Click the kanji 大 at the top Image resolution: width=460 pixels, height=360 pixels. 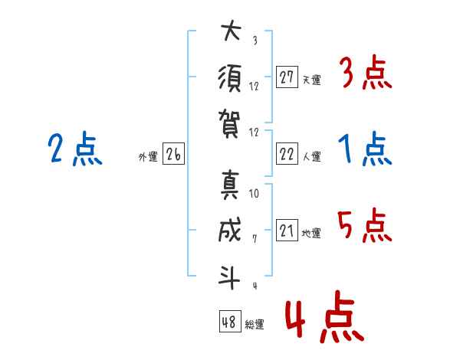[232, 31]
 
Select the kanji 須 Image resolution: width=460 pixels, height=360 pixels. [229, 79]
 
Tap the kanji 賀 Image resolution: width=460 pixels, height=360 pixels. [229, 124]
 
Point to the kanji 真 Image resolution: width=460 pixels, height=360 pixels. [230, 185]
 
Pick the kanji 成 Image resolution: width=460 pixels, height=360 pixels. [230, 230]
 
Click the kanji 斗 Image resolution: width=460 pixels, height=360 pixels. [229, 277]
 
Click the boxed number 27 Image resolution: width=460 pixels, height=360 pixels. [287, 77]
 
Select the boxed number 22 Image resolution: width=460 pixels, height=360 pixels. [287, 154]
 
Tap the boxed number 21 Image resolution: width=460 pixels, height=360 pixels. [287, 230]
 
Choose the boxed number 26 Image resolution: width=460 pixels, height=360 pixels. [173, 154]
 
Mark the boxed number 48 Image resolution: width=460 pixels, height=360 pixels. [230, 321]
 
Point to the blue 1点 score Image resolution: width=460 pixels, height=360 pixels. [365, 149]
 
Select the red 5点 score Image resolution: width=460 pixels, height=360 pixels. [365, 225]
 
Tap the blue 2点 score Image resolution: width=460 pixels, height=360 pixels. [75, 149]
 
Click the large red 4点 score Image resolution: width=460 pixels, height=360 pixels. [324, 316]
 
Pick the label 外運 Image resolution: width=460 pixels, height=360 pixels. [148, 156]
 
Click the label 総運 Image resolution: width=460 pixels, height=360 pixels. [255, 324]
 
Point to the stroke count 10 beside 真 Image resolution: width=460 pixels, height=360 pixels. [254, 193]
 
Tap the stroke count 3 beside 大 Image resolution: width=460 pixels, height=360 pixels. [255, 40]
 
